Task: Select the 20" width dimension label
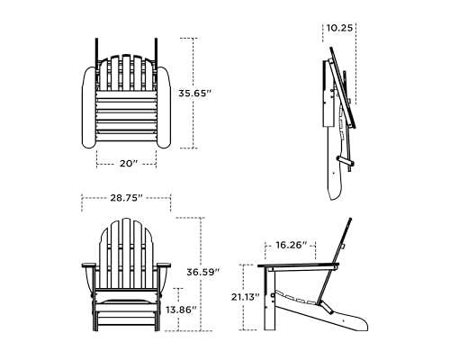point(127,163)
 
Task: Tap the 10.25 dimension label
point(339,28)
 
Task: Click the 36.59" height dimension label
point(200,271)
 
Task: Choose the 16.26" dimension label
point(292,244)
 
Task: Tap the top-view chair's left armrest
point(88,108)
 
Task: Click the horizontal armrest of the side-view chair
point(297,266)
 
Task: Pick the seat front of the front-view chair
point(125,301)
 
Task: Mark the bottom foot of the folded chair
point(336,189)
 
